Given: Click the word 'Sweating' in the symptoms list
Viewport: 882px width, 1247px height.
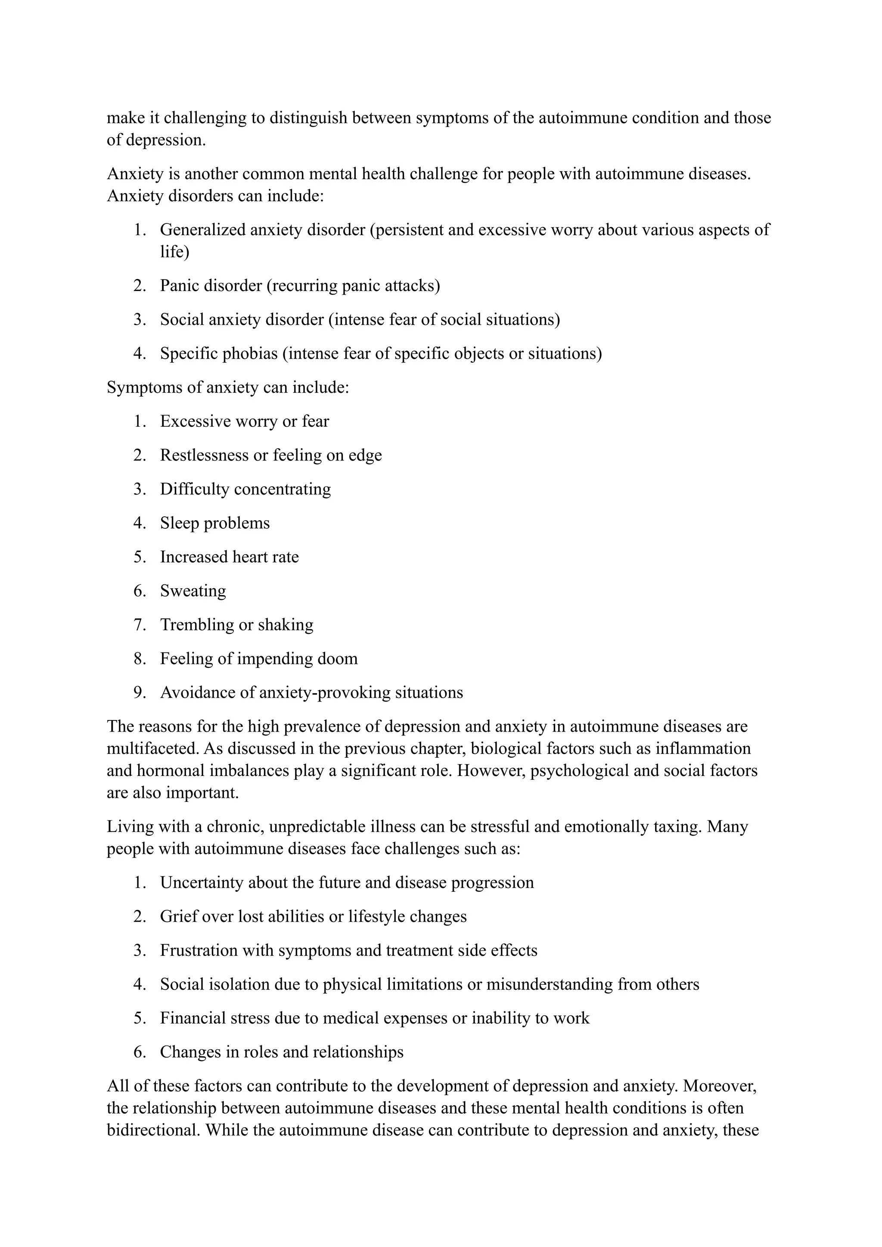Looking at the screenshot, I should click(193, 591).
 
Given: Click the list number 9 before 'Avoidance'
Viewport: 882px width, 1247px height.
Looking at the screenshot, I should click(140, 692).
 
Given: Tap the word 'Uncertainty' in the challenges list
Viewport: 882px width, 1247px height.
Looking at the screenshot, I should click(202, 883).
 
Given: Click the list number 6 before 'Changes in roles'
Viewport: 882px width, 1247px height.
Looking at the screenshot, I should click(140, 1052).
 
